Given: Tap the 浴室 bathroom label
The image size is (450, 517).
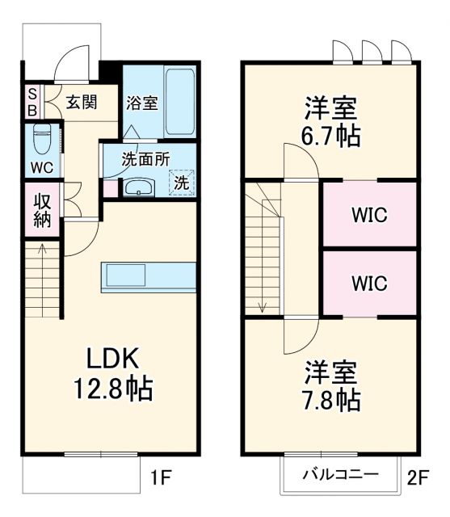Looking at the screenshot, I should [141, 103].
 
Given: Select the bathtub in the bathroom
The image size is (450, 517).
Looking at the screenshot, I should [180, 103].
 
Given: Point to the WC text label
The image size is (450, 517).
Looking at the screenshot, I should [42, 167].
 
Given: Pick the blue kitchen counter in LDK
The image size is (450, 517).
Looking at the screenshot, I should [149, 276].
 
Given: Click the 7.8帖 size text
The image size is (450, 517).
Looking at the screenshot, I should [331, 398].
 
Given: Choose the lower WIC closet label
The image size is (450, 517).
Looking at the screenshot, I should [368, 284].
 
